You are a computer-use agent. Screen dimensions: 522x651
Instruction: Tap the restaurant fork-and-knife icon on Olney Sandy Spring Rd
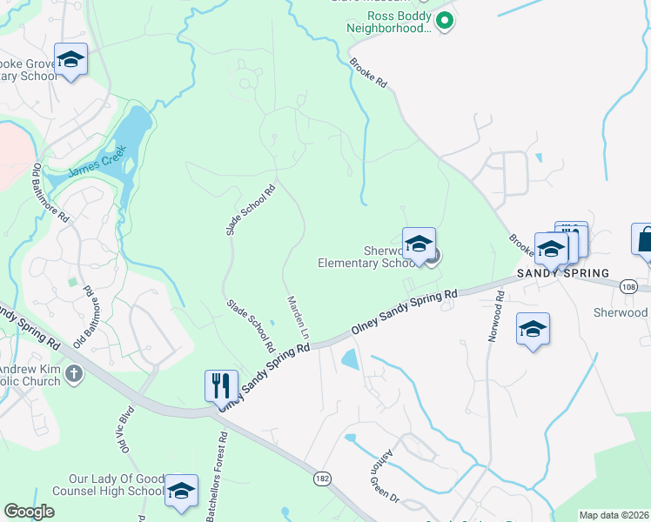[221, 385]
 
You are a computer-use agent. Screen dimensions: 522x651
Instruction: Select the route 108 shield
[630, 285]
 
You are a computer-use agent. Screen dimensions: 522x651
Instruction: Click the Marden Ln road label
[298, 317]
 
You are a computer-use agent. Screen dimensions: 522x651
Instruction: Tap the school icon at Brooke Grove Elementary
[70, 59]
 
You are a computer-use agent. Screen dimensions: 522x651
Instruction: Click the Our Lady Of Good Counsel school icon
[181, 491]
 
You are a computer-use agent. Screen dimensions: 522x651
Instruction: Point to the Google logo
[29, 512]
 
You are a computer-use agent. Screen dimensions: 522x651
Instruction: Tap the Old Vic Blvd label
[123, 429]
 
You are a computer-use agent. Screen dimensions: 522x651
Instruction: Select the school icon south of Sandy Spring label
[533, 329]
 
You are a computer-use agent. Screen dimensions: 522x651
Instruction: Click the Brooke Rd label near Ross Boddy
[368, 72]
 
